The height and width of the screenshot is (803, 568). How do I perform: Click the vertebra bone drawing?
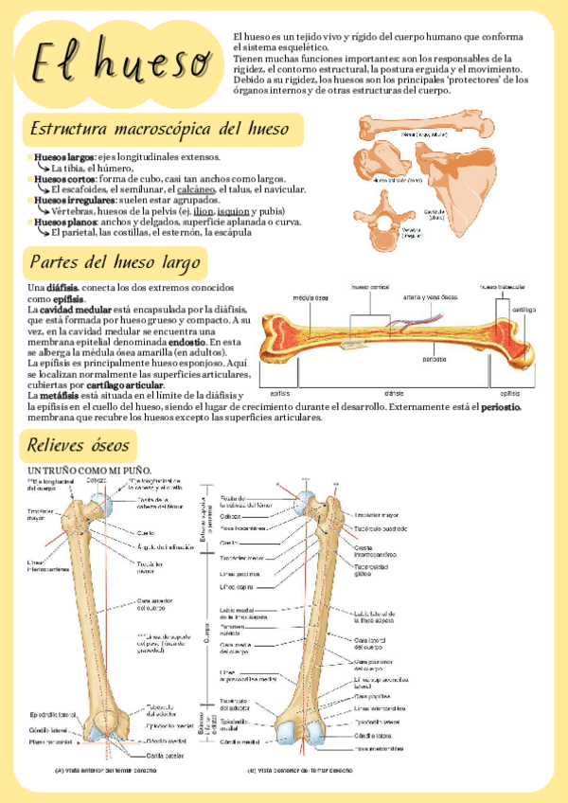click(384, 214)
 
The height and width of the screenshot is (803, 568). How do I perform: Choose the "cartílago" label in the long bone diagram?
click(524, 310)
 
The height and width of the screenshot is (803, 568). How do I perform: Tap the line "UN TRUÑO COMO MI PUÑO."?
click(90, 470)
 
